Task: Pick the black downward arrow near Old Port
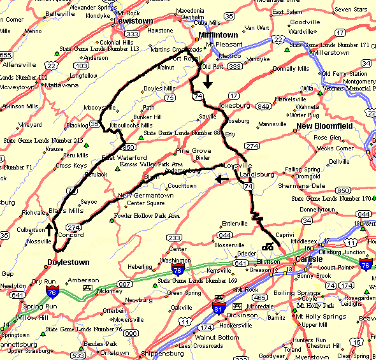(208, 82)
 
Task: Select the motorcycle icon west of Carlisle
(268, 247)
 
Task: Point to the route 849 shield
(263, 106)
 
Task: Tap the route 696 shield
(131, 333)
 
